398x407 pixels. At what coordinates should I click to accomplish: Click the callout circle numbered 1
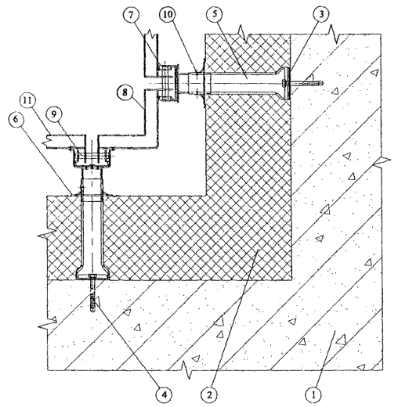coord(314,395)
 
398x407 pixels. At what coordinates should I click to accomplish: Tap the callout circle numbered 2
coord(210,395)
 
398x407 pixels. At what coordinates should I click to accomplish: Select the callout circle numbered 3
coord(321,15)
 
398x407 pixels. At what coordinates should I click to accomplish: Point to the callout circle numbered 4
coord(165,395)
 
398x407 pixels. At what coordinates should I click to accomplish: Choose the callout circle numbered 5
coord(215,15)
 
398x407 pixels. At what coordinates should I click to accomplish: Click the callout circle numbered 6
coord(16,120)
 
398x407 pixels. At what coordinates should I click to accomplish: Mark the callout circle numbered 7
coord(131,15)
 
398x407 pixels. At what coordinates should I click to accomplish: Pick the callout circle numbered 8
coord(125,92)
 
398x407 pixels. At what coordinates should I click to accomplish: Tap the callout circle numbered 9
coord(54,115)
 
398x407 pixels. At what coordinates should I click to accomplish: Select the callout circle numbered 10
coord(168,15)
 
